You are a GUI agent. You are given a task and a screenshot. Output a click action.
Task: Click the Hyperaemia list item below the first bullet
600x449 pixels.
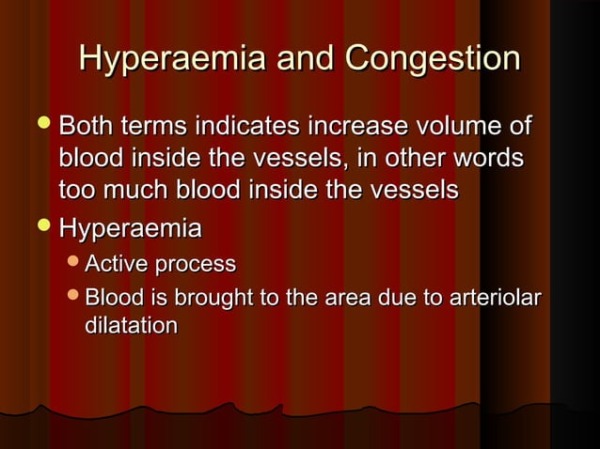[x=130, y=229]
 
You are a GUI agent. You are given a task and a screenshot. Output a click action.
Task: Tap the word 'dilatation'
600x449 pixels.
[x=131, y=326]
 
